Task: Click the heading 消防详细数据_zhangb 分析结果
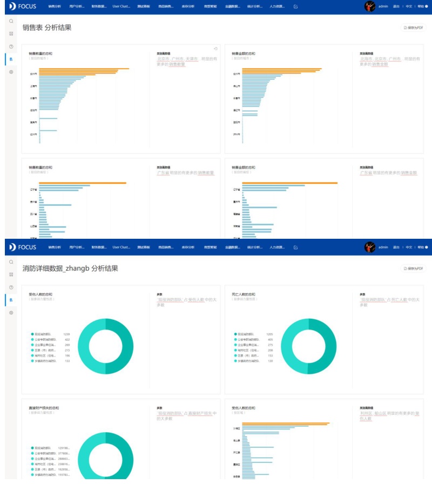70,268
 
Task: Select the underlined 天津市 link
192,58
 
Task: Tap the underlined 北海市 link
367,58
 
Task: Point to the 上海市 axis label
33,86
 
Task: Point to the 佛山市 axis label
237,86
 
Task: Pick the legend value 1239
66,334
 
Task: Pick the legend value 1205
270,334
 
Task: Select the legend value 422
67,340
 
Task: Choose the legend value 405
271,340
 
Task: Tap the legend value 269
67,345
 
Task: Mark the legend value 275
271,345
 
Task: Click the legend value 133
67,361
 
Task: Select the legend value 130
271,361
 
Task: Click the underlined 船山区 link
385,413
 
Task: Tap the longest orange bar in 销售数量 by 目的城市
84,69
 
